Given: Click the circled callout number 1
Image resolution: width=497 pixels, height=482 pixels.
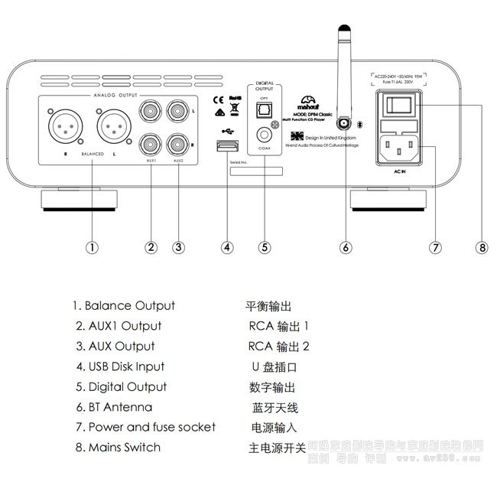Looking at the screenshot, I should (x=91, y=246).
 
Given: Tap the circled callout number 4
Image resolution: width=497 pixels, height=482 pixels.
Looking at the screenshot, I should (x=227, y=246).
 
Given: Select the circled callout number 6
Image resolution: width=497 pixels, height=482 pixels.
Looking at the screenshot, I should (x=346, y=246).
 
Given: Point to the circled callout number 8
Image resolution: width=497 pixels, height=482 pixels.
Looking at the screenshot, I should (x=481, y=246).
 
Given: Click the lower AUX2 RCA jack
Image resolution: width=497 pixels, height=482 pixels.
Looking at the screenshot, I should (x=179, y=142).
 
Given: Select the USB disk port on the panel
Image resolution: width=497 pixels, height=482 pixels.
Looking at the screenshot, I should (x=227, y=146).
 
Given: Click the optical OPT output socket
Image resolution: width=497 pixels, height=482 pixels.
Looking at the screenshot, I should (x=264, y=111).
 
